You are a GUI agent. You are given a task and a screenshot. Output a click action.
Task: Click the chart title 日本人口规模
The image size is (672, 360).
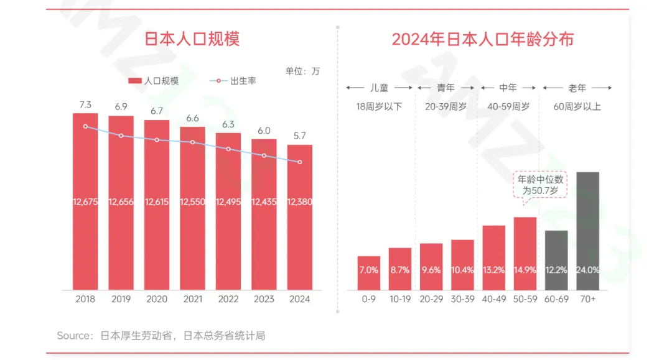pyautogui.click(x=192, y=39)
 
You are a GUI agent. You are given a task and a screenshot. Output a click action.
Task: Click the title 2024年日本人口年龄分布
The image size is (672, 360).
pyautogui.click(x=482, y=39)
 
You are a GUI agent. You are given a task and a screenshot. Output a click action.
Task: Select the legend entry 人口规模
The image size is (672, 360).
pyautogui.click(x=154, y=81)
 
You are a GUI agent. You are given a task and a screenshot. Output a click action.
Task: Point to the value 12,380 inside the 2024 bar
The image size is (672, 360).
pyautogui.click(x=299, y=202)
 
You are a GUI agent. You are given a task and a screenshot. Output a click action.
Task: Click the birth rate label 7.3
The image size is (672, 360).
pyautogui.click(x=85, y=104)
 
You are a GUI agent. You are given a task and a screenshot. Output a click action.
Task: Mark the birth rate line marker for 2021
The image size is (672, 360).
pyautogui.click(x=193, y=142)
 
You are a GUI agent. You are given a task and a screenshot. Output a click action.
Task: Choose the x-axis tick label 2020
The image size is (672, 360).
pyautogui.click(x=157, y=299)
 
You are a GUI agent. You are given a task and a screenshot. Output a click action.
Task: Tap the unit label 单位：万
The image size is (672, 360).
pyautogui.click(x=302, y=71)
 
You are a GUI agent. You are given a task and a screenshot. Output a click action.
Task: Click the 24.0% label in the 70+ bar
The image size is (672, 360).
pyautogui.click(x=587, y=270)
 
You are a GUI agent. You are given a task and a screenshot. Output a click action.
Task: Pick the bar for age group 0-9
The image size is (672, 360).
pyautogui.click(x=369, y=273)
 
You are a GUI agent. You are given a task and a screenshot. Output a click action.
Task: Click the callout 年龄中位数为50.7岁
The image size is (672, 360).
pyautogui.click(x=541, y=185)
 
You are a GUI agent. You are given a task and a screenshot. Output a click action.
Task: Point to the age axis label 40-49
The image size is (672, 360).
pyautogui.click(x=493, y=299)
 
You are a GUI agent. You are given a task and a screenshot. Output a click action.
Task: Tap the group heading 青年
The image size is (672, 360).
pyautogui.click(x=446, y=88)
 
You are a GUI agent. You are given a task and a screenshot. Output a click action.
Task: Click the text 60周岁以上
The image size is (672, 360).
pyautogui.click(x=577, y=106)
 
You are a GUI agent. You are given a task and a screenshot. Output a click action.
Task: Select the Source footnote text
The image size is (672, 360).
pyautogui.click(x=161, y=336)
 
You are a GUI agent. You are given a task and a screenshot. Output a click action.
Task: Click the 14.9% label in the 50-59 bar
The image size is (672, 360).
pyautogui.click(x=525, y=270)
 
